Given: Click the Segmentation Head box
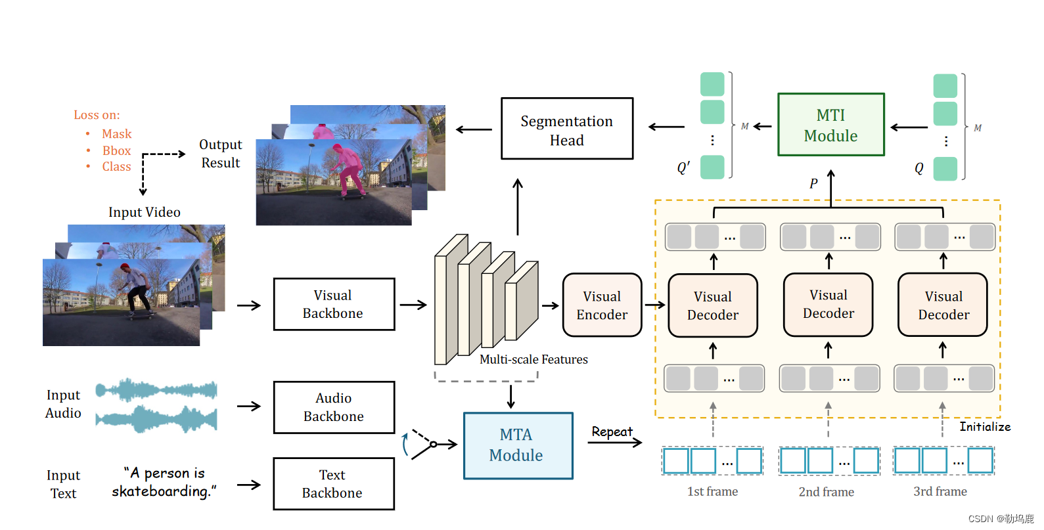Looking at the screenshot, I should pos(566,129).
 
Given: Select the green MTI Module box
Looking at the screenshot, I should pos(830,125).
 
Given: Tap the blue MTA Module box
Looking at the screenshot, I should pos(518,445).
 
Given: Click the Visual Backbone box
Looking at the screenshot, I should pos(334,304).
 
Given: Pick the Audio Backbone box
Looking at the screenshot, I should pos(334,407).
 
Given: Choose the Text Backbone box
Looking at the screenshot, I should pos(334,483).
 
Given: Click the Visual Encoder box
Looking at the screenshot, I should pos(602,305).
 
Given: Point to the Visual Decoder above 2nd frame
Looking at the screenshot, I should pos(828,305).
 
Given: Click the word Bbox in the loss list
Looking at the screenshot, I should pos(116,150).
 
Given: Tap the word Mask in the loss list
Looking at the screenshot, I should pos(116,134).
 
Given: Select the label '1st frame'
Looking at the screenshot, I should pos(712,491).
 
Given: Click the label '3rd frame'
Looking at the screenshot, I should pos(940,491).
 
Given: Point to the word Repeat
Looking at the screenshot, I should pos(611,431).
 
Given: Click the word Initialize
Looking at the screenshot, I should pos(984,427).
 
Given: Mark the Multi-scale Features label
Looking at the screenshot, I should pos(533,359).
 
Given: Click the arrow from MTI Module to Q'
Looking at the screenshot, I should pos(762,126).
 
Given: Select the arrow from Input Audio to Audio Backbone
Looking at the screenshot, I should pos(249,407).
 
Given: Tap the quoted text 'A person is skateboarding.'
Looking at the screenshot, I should pos(164,482).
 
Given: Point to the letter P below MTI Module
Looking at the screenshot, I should pos(813,184).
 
